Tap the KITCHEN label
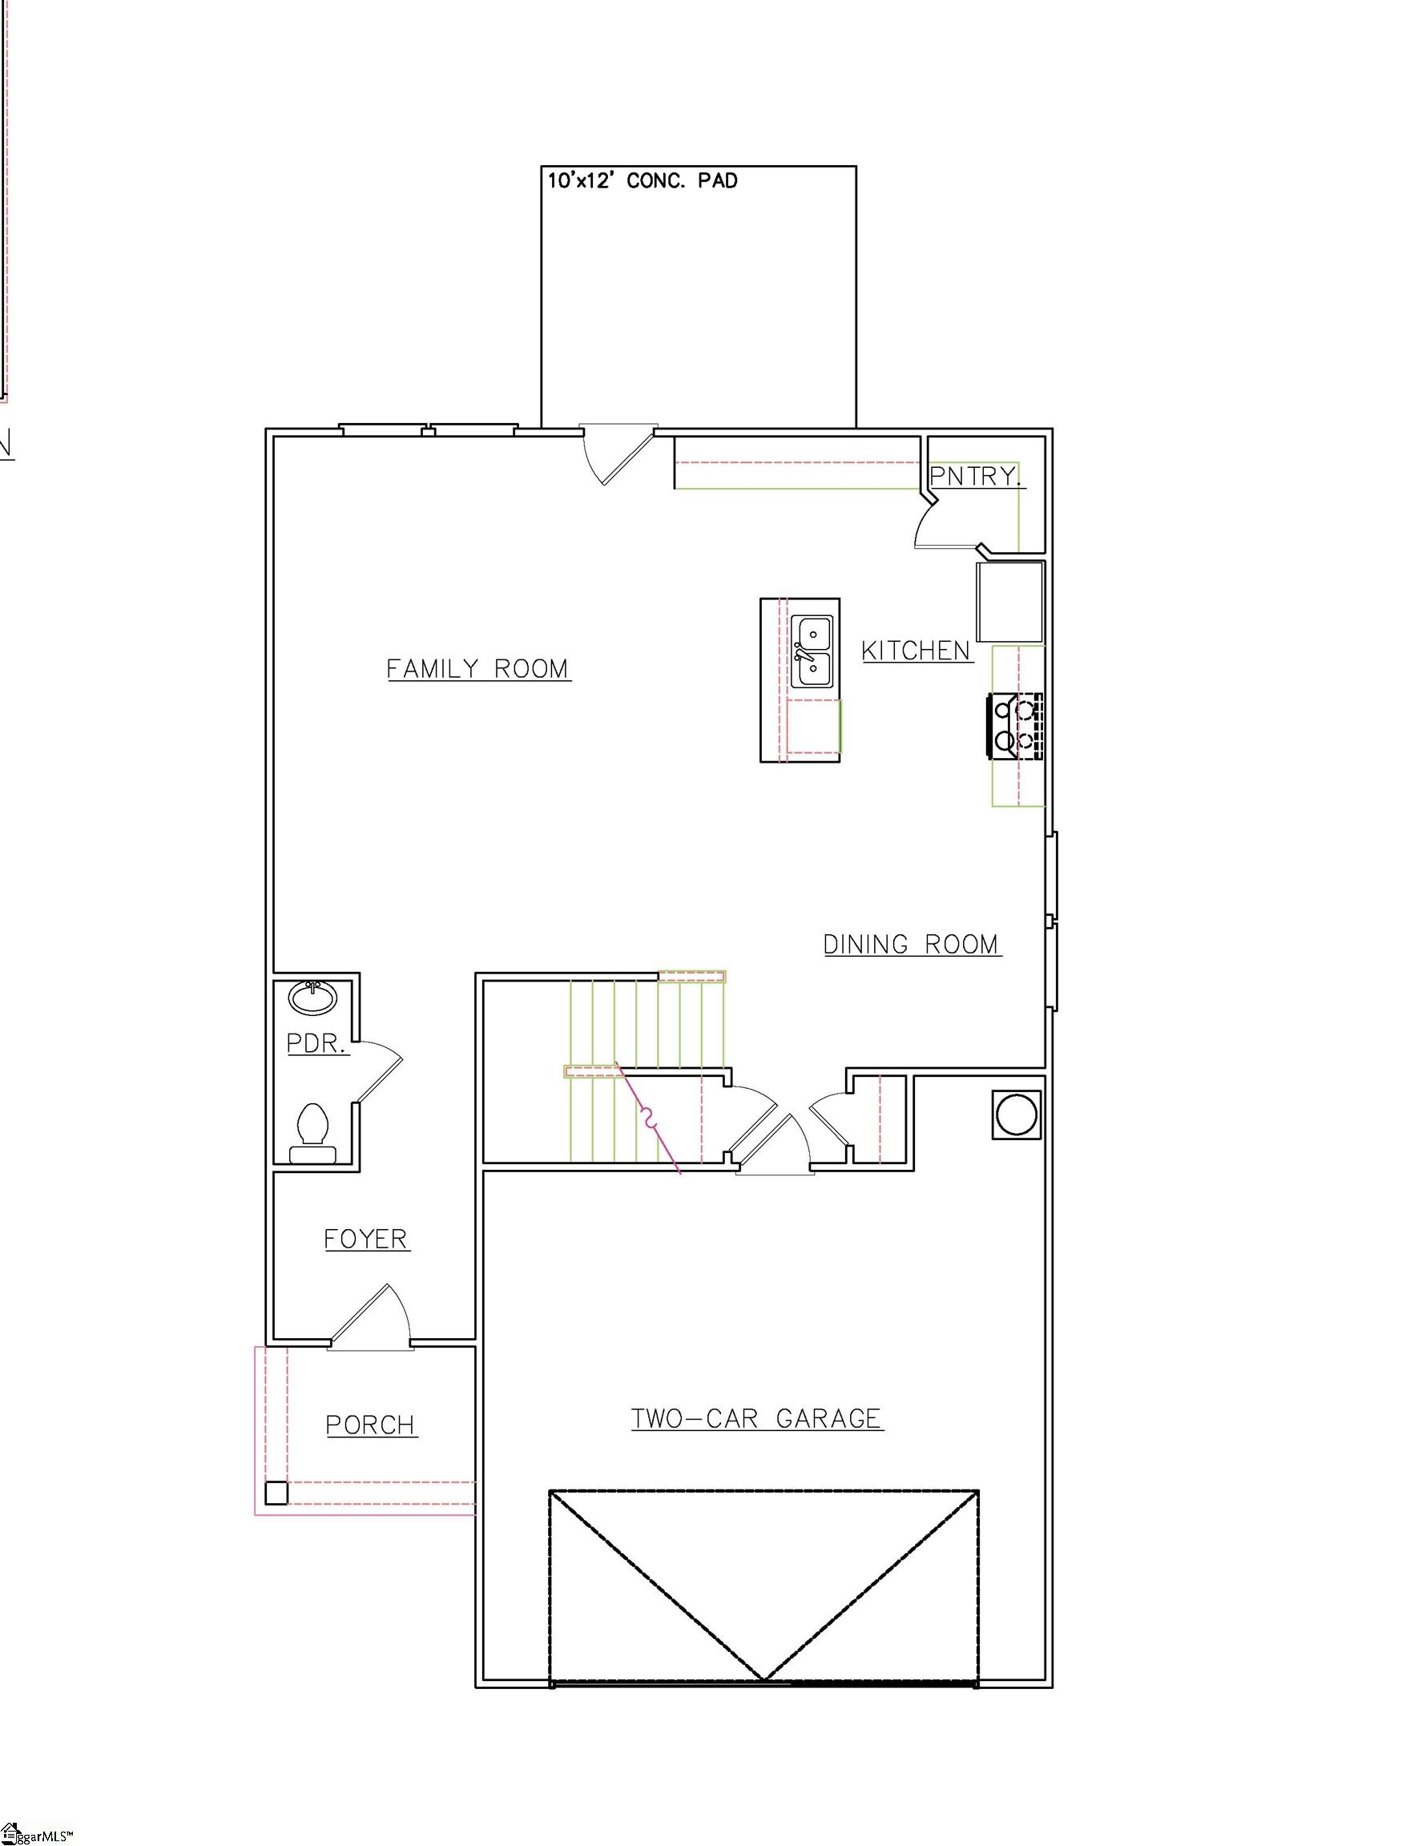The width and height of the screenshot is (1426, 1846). (x=916, y=650)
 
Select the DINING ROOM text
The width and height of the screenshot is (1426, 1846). (x=912, y=944)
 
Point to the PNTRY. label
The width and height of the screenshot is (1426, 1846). (x=976, y=476)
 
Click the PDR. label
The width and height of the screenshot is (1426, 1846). (x=317, y=1044)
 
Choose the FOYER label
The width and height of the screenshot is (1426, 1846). (x=366, y=1239)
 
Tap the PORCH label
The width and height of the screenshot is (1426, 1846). (x=371, y=1425)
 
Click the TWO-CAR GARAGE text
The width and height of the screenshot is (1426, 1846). (x=757, y=1417)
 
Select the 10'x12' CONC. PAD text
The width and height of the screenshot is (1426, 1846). (x=643, y=180)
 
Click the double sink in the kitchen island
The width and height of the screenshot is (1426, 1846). (x=812, y=651)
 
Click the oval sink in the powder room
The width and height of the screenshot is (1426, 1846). (x=312, y=998)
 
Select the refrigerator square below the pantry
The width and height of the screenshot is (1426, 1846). (x=1010, y=601)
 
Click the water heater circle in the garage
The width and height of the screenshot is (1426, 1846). (x=1016, y=1114)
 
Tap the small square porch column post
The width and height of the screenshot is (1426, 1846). (x=276, y=1493)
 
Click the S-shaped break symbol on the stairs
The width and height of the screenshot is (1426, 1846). (x=649, y=1119)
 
